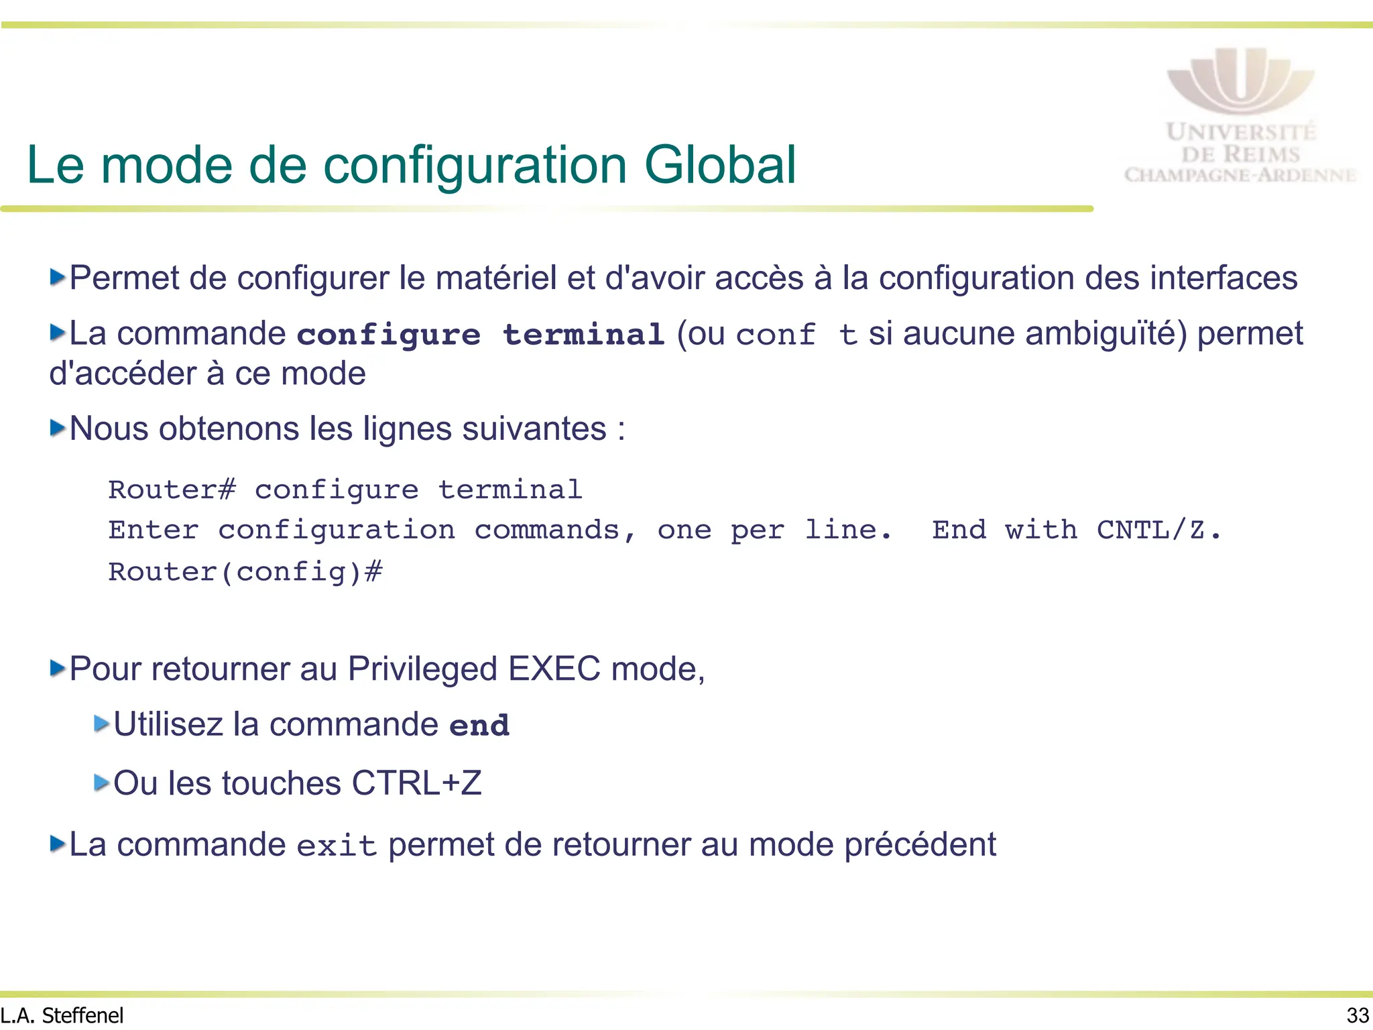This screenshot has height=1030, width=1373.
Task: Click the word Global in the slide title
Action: [720, 165]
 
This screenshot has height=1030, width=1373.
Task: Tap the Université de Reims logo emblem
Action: [1240, 80]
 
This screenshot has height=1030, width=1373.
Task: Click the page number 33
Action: [1358, 1015]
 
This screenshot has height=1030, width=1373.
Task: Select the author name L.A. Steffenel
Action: [62, 1015]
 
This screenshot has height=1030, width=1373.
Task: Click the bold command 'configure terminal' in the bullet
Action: [481, 335]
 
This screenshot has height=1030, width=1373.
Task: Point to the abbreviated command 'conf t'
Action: [796, 335]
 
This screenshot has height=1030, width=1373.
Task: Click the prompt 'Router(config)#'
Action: [245, 572]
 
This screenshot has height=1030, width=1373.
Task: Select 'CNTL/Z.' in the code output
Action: [1159, 530]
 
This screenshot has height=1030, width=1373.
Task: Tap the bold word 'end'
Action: [479, 726]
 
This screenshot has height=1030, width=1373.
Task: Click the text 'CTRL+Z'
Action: [416, 783]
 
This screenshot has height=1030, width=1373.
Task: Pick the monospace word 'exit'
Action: [337, 846]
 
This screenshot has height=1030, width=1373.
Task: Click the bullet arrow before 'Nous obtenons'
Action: [58, 428]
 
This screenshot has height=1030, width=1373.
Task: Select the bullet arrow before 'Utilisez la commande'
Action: [102, 724]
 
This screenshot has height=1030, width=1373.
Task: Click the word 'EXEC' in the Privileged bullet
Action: [554, 669]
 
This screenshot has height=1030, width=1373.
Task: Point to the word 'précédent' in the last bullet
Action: [920, 845]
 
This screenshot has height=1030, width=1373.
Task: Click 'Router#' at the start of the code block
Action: [172, 490]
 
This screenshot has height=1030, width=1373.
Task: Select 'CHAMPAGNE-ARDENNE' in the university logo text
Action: [1240, 176]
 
